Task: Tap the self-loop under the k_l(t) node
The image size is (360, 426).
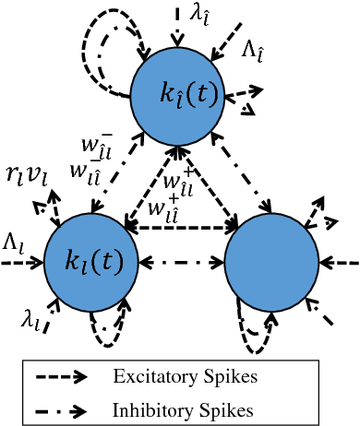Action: [104, 330]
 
